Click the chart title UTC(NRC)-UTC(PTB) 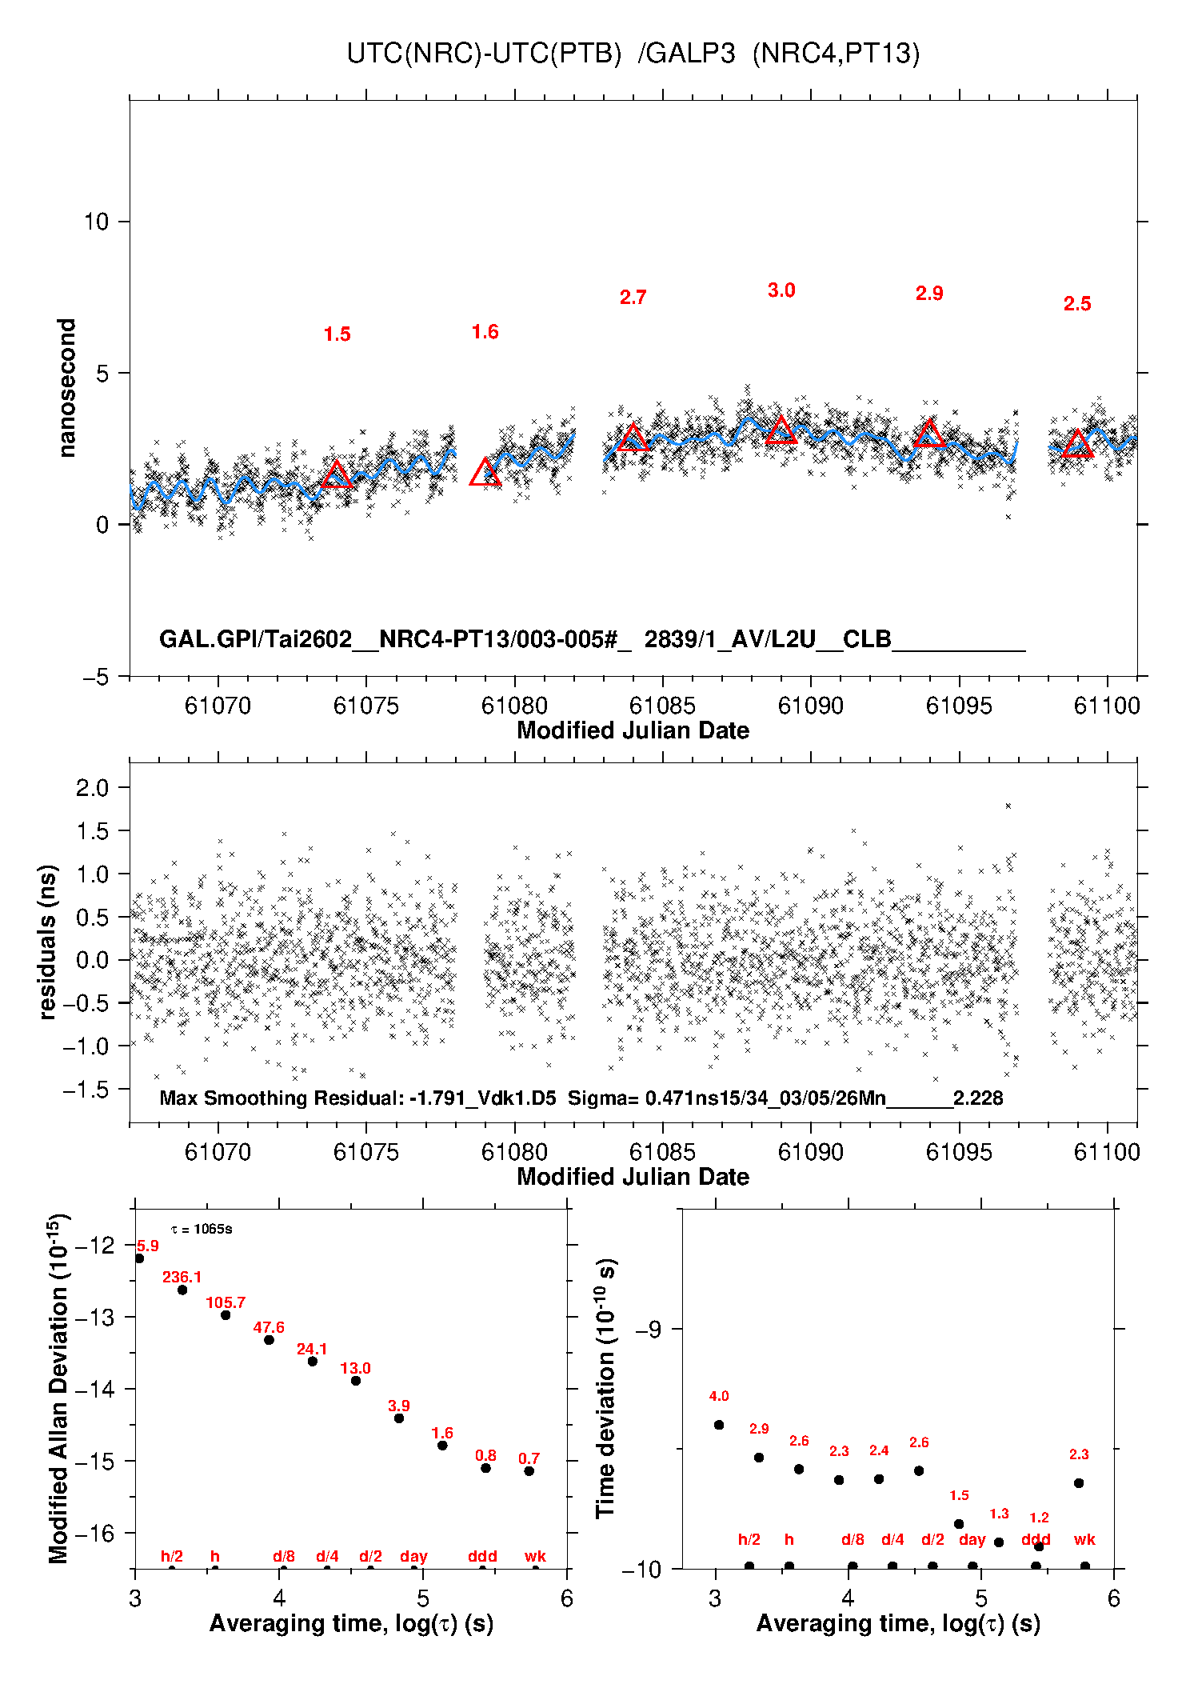click(x=484, y=54)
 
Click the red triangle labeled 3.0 click(x=781, y=430)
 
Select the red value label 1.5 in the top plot click(x=337, y=334)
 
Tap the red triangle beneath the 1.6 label click(x=485, y=473)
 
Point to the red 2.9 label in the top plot click(x=929, y=294)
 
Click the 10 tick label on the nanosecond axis click(x=96, y=222)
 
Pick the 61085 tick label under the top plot click(x=662, y=706)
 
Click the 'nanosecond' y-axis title click(x=67, y=388)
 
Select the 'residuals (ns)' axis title click(x=48, y=942)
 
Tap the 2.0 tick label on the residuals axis click(x=92, y=788)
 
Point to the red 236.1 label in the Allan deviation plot click(x=182, y=1277)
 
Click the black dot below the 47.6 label click(x=269, y=1340)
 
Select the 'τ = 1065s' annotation click(x=202, y=1229)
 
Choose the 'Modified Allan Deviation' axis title click(x=58, y=1389)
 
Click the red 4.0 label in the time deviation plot click(x=719, y=1396)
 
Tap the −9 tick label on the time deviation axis click(x=648, y=1329)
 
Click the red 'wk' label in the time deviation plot click(x=1084, y=1539)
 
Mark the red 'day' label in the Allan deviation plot click(x=413, y=1556)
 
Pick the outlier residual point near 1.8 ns click(x=1008, y=806)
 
